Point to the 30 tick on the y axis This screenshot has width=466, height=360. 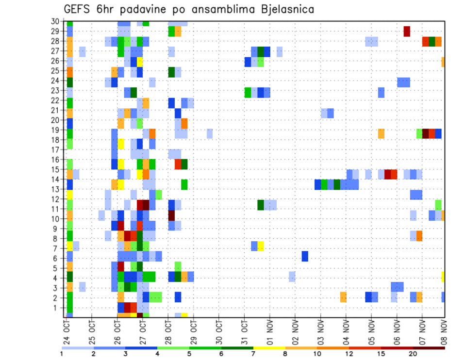click(x=56, y=21)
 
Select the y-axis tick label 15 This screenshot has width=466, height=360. click(x=56, y=169)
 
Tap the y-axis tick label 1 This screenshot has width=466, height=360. click(x=58, y=308)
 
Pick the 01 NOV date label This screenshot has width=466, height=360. click(x=269, y=331)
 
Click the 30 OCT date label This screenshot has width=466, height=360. click(x=218, y=331)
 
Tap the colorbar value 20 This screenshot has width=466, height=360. click(x=413, y=354)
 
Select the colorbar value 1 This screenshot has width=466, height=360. click(x=62, y=354)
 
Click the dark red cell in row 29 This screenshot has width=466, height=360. click(x=407, y=31)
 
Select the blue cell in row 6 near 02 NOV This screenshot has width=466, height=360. click(x=305, y=256)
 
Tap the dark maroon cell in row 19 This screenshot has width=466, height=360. click(x=426, y=133)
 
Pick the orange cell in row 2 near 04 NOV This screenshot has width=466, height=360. click(x=343, y=297)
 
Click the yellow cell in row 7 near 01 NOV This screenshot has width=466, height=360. click(x=261, y=246)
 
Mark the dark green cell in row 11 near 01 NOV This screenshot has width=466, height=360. click(x=261, y=205)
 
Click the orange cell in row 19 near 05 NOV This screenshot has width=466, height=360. click(x=381, y=133)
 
